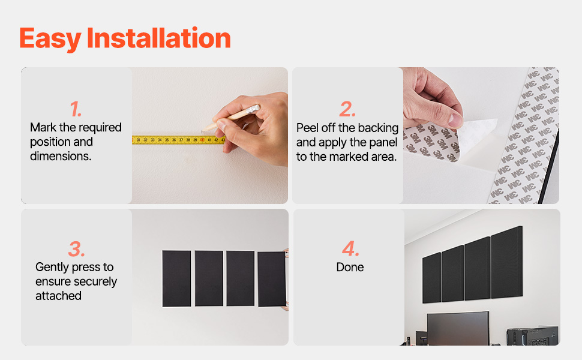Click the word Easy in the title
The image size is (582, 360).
pyautogui.click(x=50, y=38)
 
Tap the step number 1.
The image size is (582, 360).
pyautogui.click(x=76, y=109)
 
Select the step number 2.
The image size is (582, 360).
pyautogui.click(x=347, y=109)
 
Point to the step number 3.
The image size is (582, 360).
pyautogui.click(x=76, y=248)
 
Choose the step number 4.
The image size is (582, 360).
pyautogui.click(x=350, y=248)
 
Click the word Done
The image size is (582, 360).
pyautogui.click(x=350, y=267)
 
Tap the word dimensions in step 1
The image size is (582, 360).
pyautogui.click(x=61, y=156)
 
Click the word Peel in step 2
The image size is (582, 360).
pyautogui.click(x=307, y=128)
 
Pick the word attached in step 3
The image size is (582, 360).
pyautogui.click(x=58, y=296)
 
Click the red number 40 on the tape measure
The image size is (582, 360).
pyautogui.click(x=202, y=140)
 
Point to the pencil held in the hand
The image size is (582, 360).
pyautogui.click(x=230, y=118)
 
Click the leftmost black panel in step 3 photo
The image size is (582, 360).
pyautogui.click(x=176, y=279)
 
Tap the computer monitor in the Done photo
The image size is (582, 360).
pyautogui.click(x=458, y=328)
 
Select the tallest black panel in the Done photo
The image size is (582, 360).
pyautogui.click(x=506, y=262)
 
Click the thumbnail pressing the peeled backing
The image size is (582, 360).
pyautogui.click(x=455, y=120)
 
